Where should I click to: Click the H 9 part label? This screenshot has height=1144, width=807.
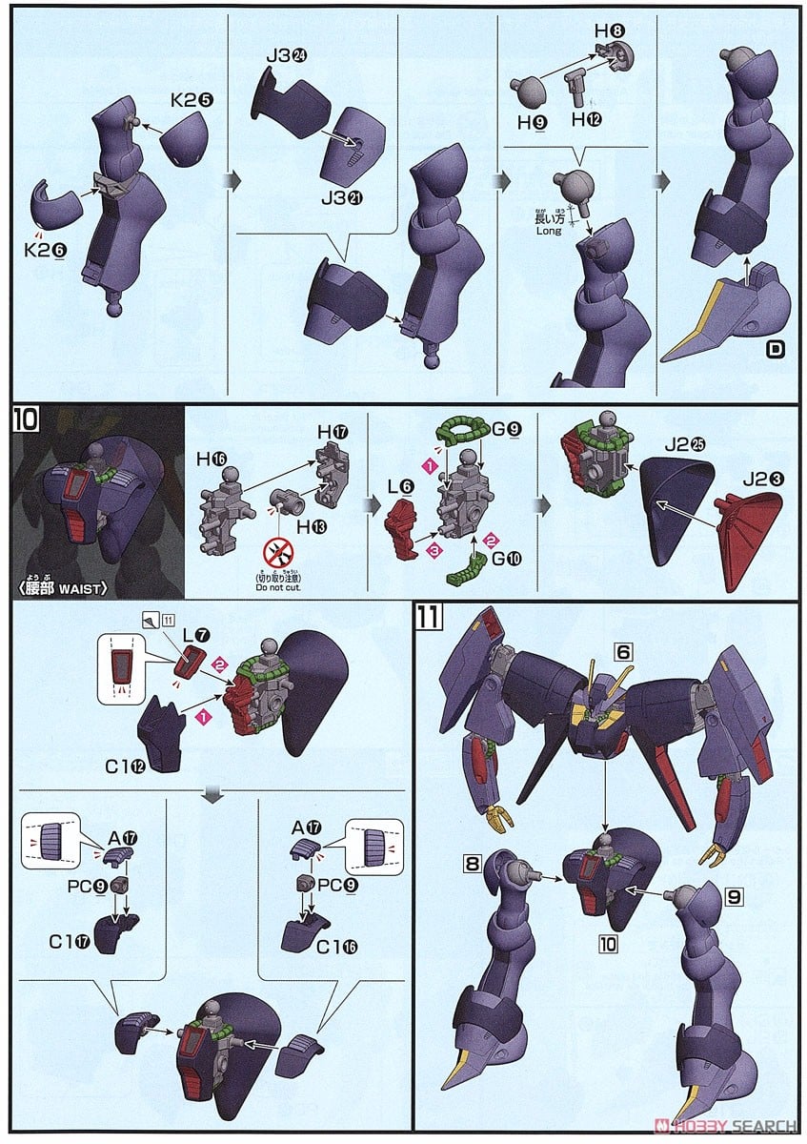(x=530, y=122)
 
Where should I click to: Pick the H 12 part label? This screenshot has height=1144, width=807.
(x=587, y=120)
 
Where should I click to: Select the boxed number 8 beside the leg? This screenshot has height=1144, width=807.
(x=473, y=865)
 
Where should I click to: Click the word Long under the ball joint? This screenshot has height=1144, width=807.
(x=549, y=231)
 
